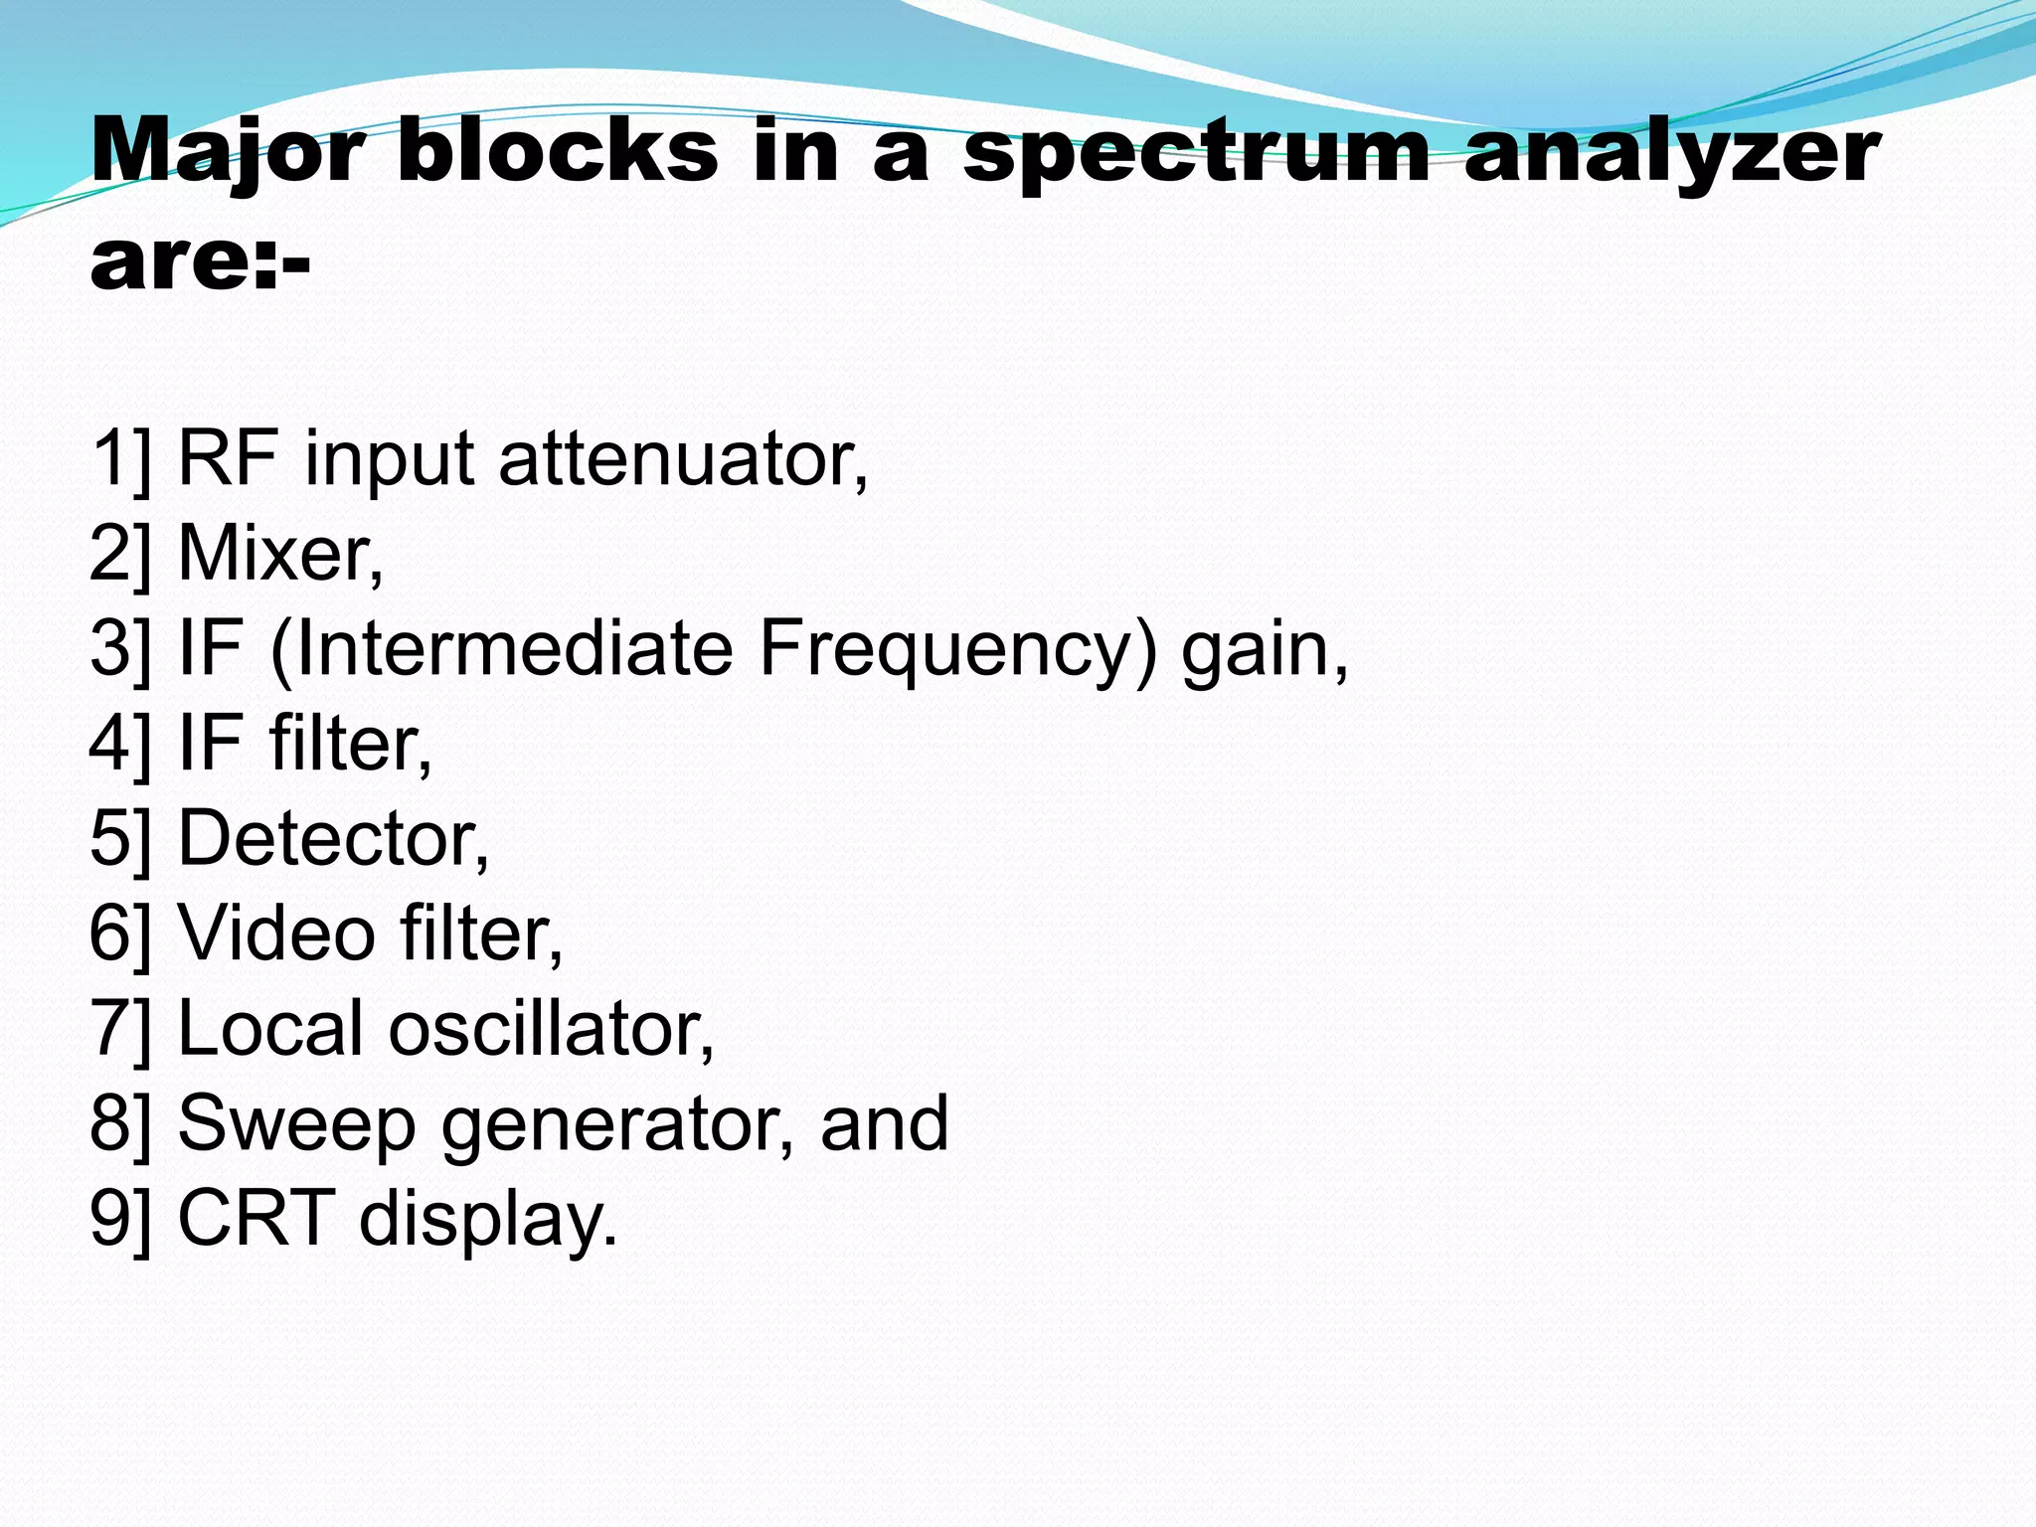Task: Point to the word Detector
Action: (x=333, y=838)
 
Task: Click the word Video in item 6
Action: (x=276, y=933)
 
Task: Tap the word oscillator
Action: (x=551, y=1028)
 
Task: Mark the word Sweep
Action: (x=296, y=1123)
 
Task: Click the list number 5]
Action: (x=120, y=838)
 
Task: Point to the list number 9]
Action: (x=120, y=1218)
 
